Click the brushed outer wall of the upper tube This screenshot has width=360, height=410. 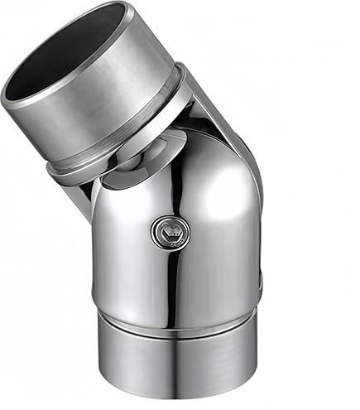pos(124,108)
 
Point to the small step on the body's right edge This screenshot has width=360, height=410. pos(259,286)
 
